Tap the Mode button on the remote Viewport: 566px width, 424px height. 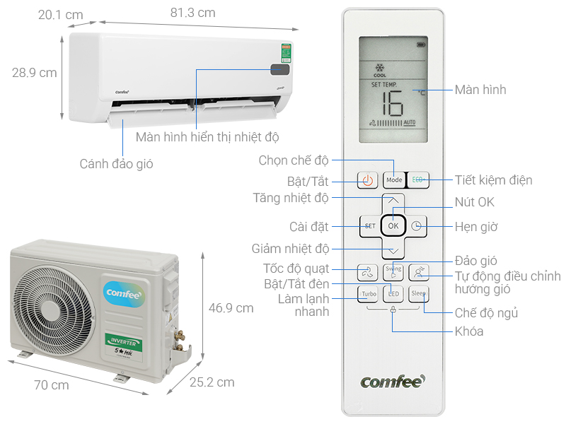393,179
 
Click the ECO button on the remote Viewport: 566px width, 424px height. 417,179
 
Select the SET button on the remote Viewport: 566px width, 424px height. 369,226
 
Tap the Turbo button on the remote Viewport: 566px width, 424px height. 369,293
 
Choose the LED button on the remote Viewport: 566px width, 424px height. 394,293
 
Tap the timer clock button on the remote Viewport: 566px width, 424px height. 417,226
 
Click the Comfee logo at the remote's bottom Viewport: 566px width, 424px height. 393,382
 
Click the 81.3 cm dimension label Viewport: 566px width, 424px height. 192,13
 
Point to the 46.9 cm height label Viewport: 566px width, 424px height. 231,308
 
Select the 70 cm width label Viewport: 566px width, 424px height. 52,385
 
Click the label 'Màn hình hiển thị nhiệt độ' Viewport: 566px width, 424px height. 207,136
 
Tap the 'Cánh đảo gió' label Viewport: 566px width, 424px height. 116,164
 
